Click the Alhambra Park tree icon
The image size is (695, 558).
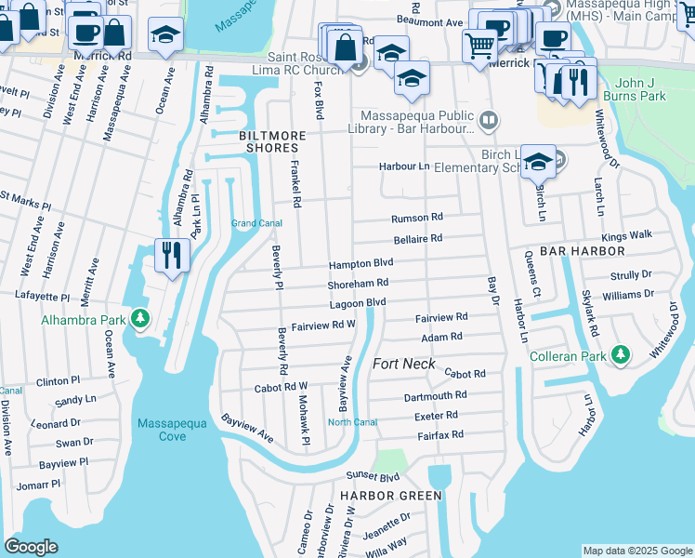click(140, 320)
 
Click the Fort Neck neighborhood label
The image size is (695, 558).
click(403, 364)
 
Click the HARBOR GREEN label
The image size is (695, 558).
click(390, 496)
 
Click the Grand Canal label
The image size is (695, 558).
click(256, 223)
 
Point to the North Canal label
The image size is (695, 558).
click(352, 422)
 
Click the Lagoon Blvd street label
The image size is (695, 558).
click(357, 303)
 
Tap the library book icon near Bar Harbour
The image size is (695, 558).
click(488, 121)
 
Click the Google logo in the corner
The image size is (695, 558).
click(31, 547)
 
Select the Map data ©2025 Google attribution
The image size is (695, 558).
click(636, 551)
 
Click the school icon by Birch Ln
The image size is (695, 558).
click(537, 161)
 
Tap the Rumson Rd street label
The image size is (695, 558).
click(417, 218)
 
